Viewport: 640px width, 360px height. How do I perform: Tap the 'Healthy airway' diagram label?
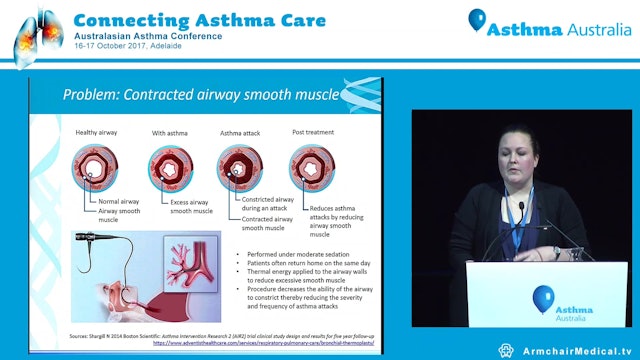tap(99, 132)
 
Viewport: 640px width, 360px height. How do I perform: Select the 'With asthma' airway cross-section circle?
tap(171, 167)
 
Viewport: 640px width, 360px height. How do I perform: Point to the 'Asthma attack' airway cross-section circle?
tap(240, 167)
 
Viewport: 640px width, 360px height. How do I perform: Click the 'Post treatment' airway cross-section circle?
tap(311, 167)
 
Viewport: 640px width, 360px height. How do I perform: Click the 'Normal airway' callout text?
tap(119, 201)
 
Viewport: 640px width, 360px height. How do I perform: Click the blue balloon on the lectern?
tap(542, 296)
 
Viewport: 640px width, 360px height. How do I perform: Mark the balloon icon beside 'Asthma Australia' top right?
tap(478, 21)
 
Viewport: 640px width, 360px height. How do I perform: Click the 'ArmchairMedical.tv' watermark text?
tap(576, 349)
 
